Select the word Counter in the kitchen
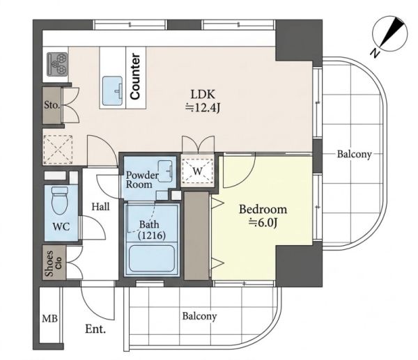click(135, 76)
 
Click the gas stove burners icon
click(57, 64)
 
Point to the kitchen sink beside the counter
click(112, 91)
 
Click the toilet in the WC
click(60, 201)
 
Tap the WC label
click(61, 226)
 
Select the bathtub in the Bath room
click(152, 259)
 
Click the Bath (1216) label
click(152, 230)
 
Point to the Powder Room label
click(142, 180)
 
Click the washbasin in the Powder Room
click(165, 171)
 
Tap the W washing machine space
click(197, 171)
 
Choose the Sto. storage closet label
click(52, 105)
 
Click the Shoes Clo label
click(54, 263)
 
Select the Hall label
click(101, 207)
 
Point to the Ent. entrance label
click(95, 329)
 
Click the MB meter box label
click(50, 318)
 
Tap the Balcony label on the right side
click(355, 155)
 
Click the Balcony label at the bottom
click(199, 316)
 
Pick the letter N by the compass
click(376, 53)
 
